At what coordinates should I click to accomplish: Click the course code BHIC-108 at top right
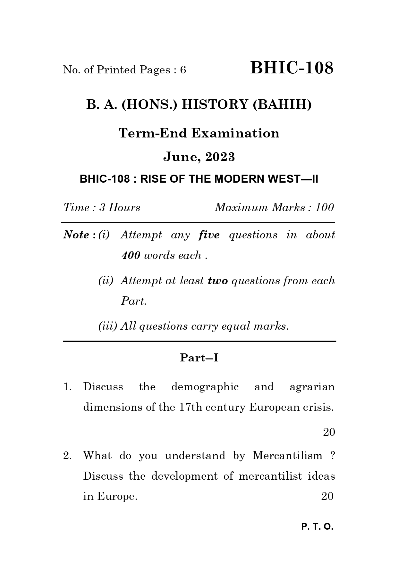[292, 68]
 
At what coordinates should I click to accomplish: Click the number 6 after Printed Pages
[183, 70]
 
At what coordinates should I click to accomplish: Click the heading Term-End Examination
[199, 133]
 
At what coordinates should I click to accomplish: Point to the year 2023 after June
[220, 157]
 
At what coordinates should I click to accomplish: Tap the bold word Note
[76, 235]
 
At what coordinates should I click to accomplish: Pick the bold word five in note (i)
[209, 235]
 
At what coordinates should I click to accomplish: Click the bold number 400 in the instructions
[131, 255]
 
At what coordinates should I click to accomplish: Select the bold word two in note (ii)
[218, 281]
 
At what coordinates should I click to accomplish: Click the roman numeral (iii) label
[108, 326]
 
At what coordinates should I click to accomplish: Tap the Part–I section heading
[199, 358]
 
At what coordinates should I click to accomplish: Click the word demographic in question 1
[205, 387]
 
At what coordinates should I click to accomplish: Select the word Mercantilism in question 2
[287, 455]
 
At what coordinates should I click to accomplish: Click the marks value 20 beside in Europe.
[327, 496]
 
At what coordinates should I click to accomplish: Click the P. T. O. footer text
[318, 527]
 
